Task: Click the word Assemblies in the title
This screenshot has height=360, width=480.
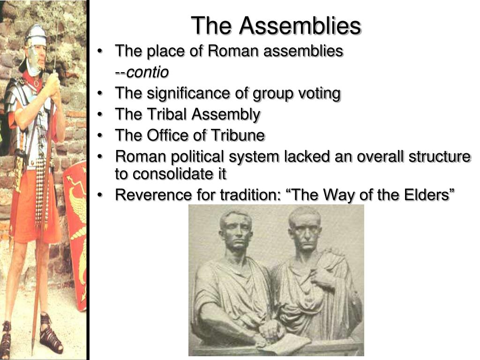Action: pyautogui.click(x=300, y=26)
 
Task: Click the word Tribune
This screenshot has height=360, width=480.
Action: pyautogui.click(x=241, y=135)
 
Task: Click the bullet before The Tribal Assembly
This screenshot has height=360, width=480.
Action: pyautogui.click(x=102, y=115)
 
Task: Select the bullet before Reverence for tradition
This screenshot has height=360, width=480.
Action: pyautogui.click(x=102, y=195)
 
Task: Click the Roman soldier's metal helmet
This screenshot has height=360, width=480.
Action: pyautogui.click(x=36, y=34)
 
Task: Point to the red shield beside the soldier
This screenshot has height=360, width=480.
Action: pyautogui.click(x=76, y=225)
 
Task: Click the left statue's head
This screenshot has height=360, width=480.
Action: pyautogui.click(x=237, y=230)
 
